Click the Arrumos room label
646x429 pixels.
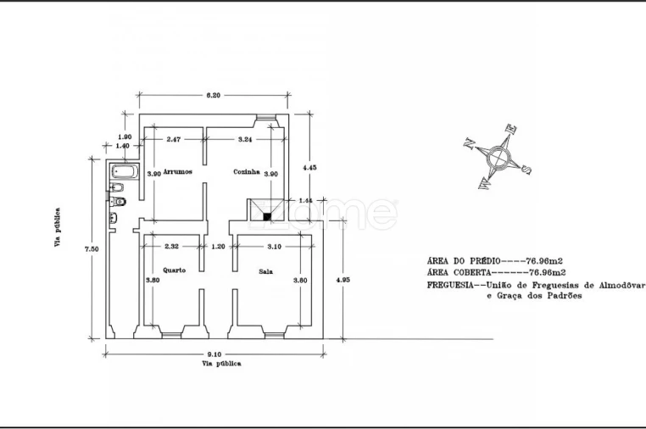[x=177, y=171]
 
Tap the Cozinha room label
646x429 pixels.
[x=247, y=172]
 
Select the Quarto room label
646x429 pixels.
[x=175, y=270]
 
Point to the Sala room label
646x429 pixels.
[x=265, y=271]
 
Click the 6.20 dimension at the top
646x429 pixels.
[x=213, y=95]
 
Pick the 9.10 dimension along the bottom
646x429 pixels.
[x=214, y=354]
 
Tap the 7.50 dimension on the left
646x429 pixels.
[x=92, y=249]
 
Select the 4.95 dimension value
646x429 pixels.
[x=342, y=280]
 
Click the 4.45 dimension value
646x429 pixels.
[x=309, y=168]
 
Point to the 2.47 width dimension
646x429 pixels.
[x=174, y=139]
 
